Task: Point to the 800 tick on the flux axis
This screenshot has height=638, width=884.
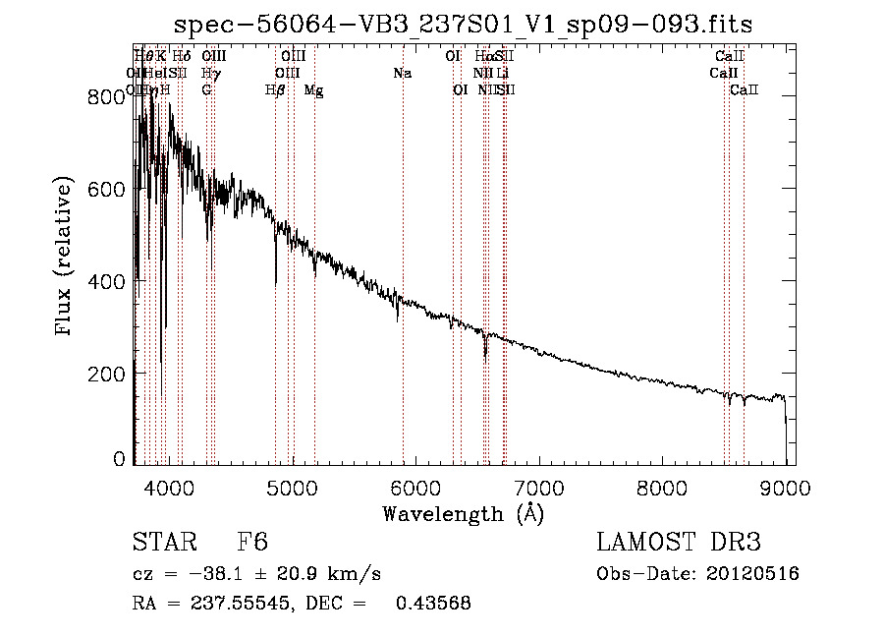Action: coord(97,96)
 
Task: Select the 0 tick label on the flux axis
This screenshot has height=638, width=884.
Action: coord(118,458)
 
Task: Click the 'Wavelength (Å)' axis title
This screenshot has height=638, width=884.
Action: coord(463,514)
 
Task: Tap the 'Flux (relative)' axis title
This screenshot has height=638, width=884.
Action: coord(65,258)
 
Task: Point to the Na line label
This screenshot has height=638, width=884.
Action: coord(402,74)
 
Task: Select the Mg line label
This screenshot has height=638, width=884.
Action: coord(313,90)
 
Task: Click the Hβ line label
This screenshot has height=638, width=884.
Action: coord(275,90)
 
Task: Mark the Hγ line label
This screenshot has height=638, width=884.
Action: coord(209,74)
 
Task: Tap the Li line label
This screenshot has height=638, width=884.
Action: coord(502,74)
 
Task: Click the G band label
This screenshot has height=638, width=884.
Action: coord(206,90)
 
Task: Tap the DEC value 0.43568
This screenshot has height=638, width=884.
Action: coord(432,604)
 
